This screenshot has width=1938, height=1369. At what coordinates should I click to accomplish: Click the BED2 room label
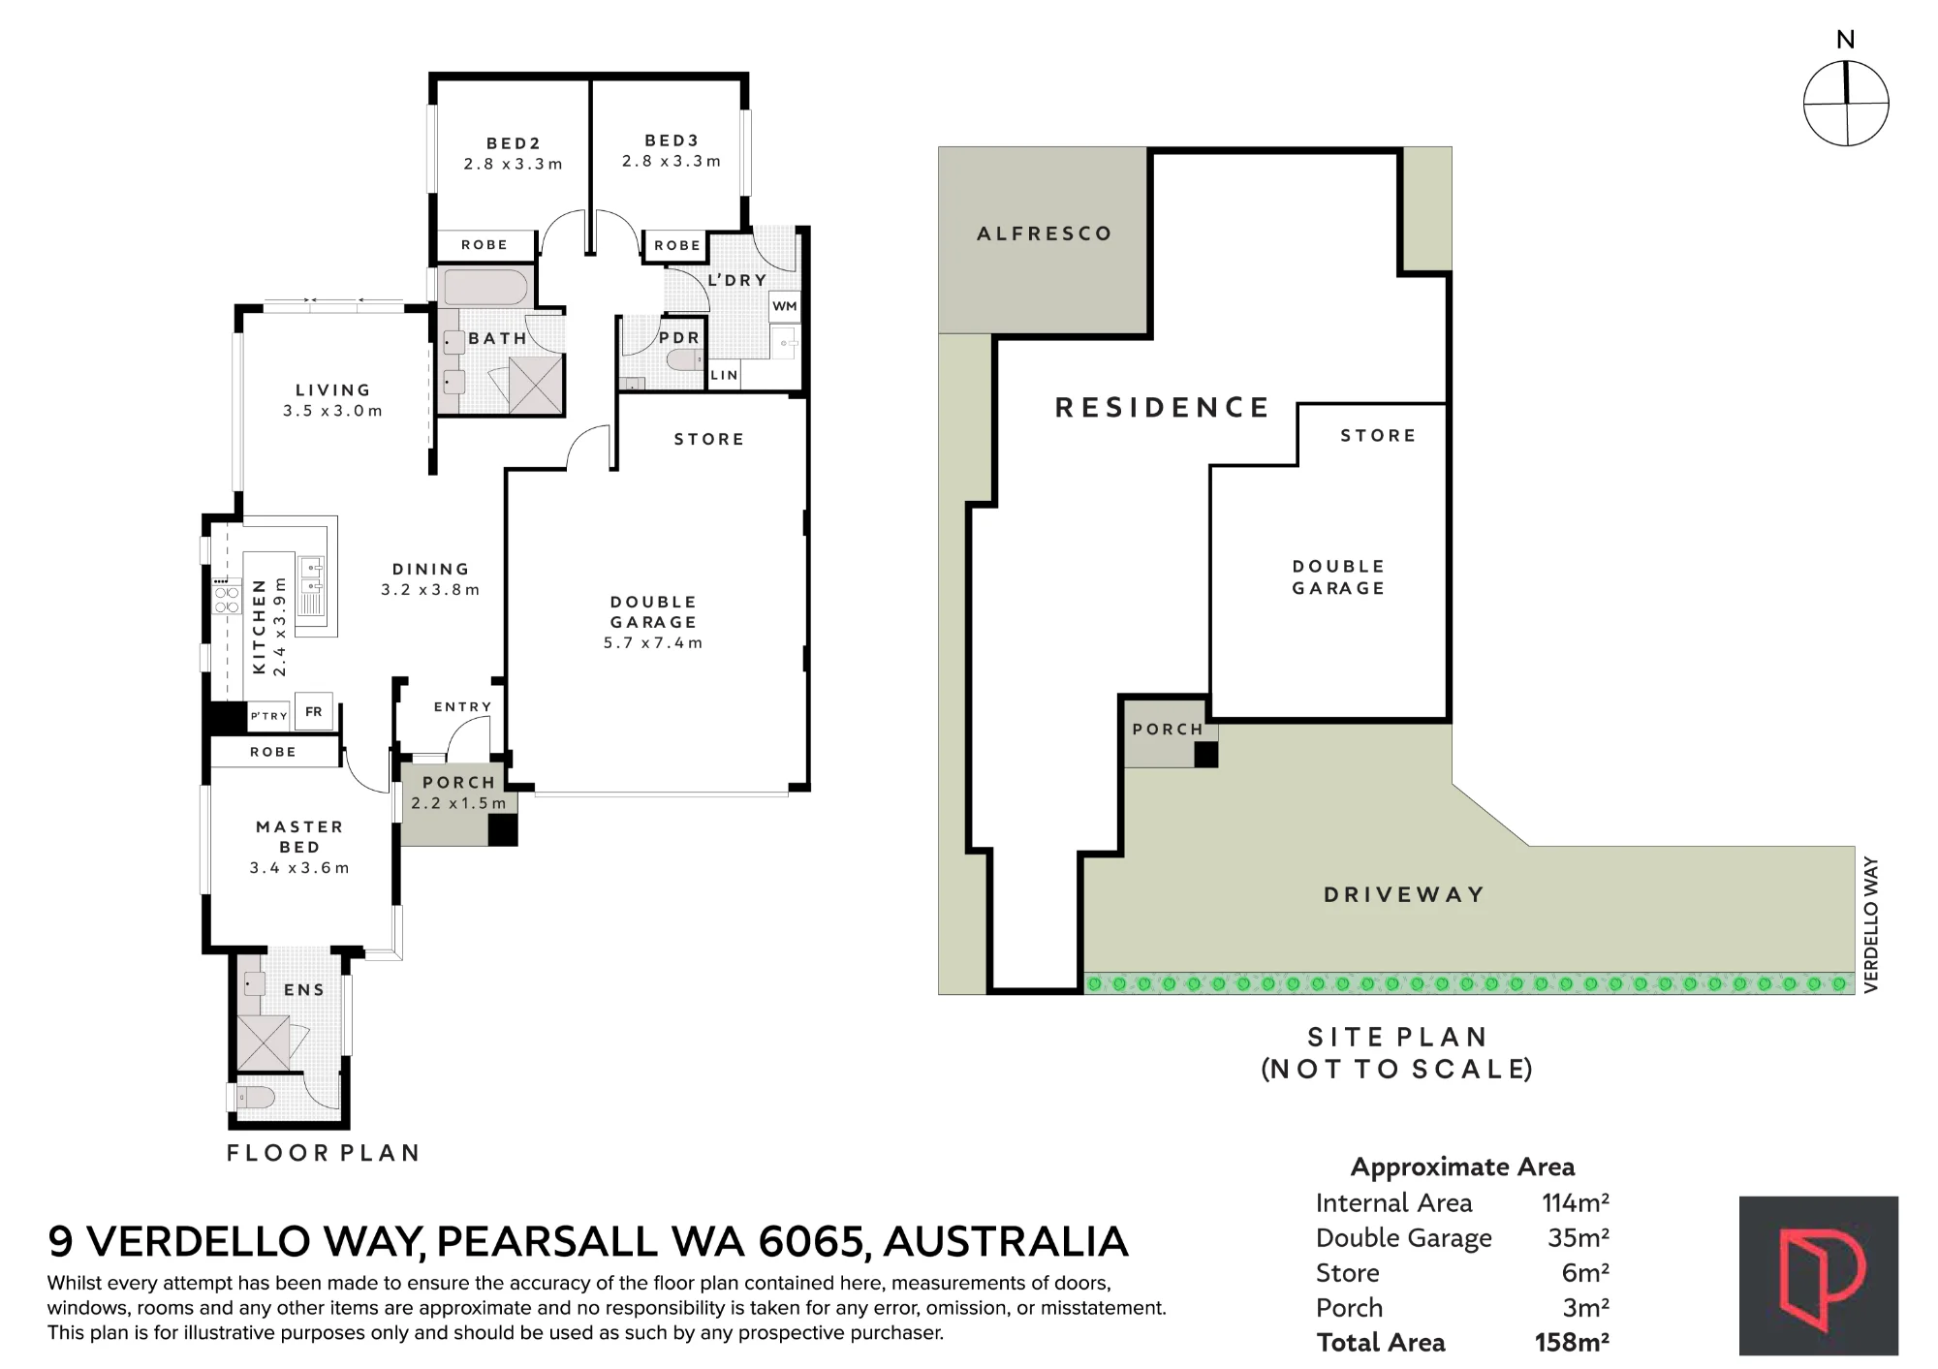(x=514, y=143)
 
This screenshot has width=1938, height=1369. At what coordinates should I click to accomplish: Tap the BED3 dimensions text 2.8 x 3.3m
(x=672, y=162)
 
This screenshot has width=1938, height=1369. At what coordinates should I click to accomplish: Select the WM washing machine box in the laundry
(x=785, y=306)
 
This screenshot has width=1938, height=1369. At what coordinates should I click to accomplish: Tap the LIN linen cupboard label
(x=725, y=375)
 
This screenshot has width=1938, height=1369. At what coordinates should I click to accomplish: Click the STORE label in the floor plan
(x=709, y=440)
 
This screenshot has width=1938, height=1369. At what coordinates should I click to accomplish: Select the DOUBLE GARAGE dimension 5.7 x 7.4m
(x=653, y=643)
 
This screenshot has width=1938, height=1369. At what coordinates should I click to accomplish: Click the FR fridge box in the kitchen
(x=314, y=711)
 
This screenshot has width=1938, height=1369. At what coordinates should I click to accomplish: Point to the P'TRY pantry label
(x=269, y=716)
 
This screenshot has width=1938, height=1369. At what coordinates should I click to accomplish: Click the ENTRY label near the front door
(x=463, y=707)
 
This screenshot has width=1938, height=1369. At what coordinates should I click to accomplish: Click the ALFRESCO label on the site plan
(x=1045, y=233)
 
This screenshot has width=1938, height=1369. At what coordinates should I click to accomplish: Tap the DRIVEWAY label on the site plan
(x=1405, y=894)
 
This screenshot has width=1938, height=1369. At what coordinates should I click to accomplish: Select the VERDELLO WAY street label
(x=1871, y=924)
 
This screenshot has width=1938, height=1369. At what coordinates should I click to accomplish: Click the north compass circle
(x=1846, y=104)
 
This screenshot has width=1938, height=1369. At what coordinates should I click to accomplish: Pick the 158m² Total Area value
(x=1572, y=1343)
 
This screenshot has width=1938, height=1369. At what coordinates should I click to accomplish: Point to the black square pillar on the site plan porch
(x=1205, y=755)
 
